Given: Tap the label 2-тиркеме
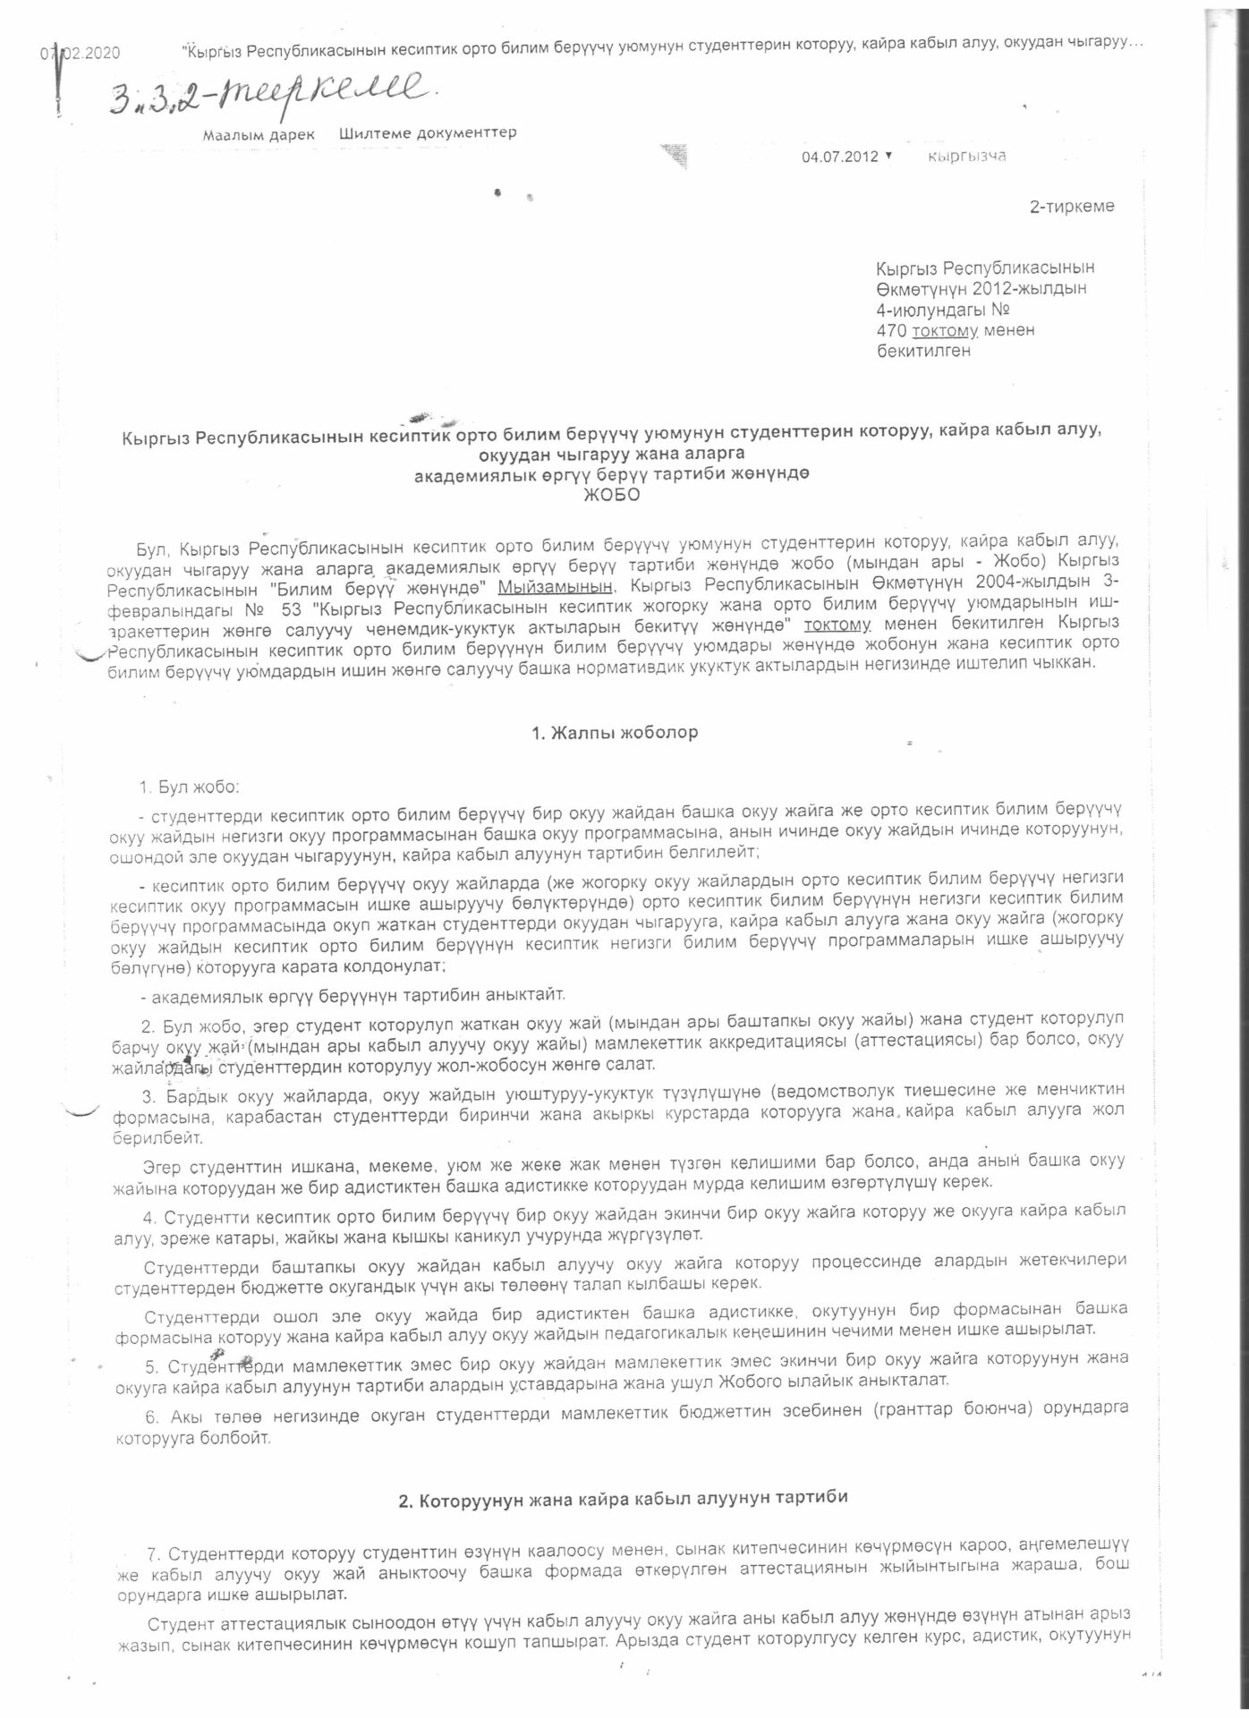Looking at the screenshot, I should pos(1071,207).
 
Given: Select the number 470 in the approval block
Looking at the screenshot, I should pos(891,330).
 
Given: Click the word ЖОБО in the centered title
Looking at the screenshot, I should pos(611,496).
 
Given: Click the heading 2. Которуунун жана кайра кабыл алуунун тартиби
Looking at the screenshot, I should pos(623,1501).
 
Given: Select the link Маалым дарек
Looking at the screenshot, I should pos(259,134).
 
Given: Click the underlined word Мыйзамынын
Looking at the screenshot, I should pos(556,586).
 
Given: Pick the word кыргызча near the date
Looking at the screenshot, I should pos(967,157).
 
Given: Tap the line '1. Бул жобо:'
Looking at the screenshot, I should pos(189,787).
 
